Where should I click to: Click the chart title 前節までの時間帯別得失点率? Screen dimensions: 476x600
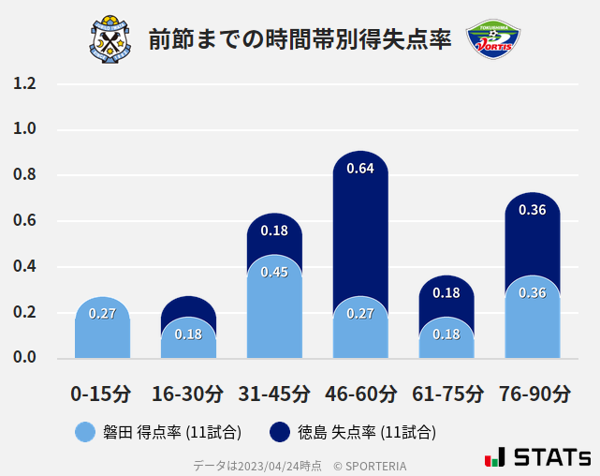[x=300, y=38]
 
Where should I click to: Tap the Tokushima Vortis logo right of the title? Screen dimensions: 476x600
[x=493, y=38]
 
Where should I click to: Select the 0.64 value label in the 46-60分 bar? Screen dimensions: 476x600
[x=360, y=169]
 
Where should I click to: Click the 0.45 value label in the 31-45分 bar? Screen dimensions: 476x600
[x=274, y=272]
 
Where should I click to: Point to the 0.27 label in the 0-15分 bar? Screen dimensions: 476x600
[x=102, y=313]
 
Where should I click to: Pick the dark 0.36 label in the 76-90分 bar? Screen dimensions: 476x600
[x=532, y=210]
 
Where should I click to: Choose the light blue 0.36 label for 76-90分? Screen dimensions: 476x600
[x=532, y=292]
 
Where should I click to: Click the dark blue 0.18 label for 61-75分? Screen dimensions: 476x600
[x=446, y=292]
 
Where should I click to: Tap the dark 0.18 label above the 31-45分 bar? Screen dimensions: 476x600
[x=274, y=231]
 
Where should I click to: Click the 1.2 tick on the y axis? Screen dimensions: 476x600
[x=25, y=84]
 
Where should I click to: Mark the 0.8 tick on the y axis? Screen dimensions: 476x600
[x=25, y=175]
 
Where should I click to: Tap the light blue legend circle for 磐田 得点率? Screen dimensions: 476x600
[x=85, y=432]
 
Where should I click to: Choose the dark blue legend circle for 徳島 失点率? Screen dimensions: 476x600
[x=280, y=432]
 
